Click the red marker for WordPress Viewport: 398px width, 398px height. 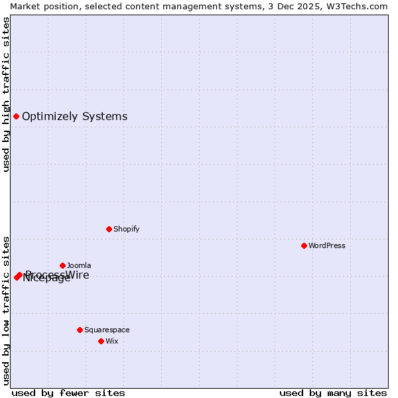(304, 245)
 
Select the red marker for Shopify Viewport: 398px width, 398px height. (109, 229)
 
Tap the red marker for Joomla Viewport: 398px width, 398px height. (62, 265)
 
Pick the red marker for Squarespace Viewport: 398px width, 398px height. (80, 330)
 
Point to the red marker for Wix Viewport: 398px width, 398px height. (101, 341)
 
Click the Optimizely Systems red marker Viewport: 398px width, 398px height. (16, 117)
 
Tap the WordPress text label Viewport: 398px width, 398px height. (327, 245)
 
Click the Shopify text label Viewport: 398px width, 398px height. (126, 229)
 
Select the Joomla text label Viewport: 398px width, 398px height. (79, 265)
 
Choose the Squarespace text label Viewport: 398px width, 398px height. (107, 330)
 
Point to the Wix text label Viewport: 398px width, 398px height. (111, 341)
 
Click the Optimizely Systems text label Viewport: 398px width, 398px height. (74, 117)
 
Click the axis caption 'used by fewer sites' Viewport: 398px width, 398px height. (68, 393)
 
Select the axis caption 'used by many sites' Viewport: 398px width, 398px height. (333, 393)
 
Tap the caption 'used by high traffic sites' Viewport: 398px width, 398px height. (6, 94)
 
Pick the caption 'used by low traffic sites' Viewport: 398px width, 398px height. (6, 310)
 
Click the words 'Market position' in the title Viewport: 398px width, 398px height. (42, 6)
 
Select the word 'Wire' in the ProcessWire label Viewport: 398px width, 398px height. (77, 275)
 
